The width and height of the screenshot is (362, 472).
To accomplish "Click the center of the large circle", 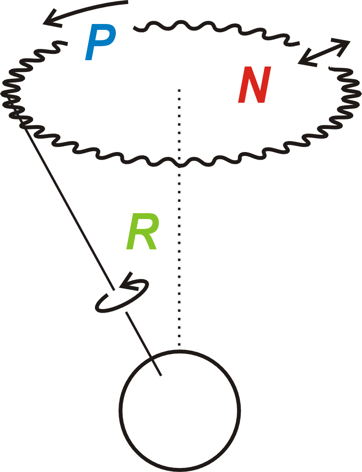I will tap(179, 409).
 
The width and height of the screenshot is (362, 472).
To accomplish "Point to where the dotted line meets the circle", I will tap(180, 349).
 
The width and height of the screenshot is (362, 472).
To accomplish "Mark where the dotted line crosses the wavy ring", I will tap(180, 162).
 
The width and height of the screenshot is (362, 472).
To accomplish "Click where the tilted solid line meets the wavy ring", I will tap(23, 123).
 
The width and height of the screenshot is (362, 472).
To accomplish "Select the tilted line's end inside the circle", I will tap(161, 375).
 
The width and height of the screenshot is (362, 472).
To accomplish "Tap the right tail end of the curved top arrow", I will tap(128, 2).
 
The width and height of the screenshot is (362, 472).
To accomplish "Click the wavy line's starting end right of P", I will tap(134, 29).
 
